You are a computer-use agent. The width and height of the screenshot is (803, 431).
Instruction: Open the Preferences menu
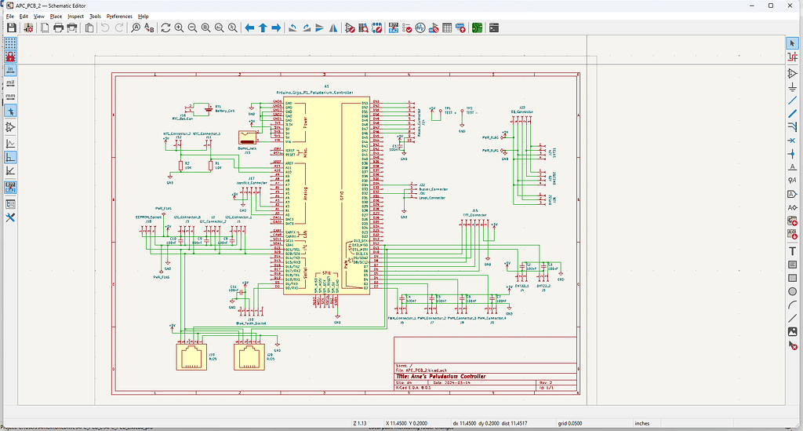tap(119, 16)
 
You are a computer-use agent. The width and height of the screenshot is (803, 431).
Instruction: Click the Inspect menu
tap(75, 16)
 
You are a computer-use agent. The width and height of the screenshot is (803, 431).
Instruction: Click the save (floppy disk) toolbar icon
tap(12, 27)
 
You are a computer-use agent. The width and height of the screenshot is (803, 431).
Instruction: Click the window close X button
tap(790, 5)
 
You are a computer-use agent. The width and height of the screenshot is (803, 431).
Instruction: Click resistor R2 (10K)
tap(179, 165)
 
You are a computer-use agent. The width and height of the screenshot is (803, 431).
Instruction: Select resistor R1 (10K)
tap(212, 165)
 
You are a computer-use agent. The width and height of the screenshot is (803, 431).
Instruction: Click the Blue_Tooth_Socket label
tap(251, 323)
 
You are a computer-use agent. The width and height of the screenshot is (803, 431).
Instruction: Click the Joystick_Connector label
tap(252, 181)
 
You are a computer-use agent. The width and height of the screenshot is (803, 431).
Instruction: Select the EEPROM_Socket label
tap(149, 217)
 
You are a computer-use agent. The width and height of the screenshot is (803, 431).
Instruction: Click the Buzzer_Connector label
tap(434, 188)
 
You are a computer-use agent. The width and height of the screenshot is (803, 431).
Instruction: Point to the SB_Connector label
tap(521, 111)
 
